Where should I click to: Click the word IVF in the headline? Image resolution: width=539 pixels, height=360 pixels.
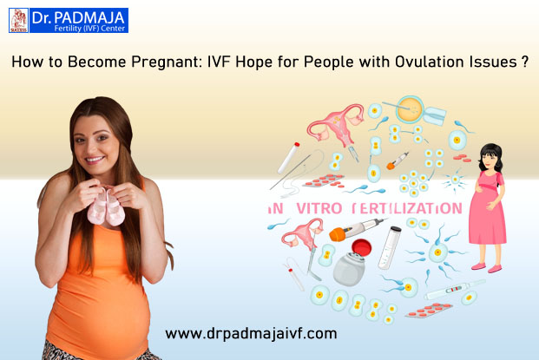(219, 62)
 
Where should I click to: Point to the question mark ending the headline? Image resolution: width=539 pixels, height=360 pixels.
(524, 62)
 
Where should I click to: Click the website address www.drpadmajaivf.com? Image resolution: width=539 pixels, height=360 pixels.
(251, 334)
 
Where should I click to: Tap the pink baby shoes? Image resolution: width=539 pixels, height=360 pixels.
(106, 207)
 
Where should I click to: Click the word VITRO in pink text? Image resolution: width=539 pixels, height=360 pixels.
(319, 208)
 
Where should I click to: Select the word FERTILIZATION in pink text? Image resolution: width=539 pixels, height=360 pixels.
(407, 208)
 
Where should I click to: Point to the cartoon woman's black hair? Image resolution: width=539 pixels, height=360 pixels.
(490, 155)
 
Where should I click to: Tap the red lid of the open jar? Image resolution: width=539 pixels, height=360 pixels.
(361, 247)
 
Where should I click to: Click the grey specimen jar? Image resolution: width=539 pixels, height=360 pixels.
(349, 269)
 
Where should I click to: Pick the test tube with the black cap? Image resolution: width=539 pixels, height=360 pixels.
(390, 247)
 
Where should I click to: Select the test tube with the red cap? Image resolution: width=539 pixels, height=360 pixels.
(288, 158)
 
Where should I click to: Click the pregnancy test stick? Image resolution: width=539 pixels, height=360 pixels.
(455, 290)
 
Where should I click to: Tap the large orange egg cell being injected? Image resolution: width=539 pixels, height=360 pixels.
(409, 109)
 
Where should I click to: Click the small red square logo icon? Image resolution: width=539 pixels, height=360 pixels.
(19, 21)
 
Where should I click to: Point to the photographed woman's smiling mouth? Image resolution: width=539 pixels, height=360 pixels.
(95, 160)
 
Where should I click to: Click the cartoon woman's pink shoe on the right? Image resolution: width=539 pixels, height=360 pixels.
(495, 269)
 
